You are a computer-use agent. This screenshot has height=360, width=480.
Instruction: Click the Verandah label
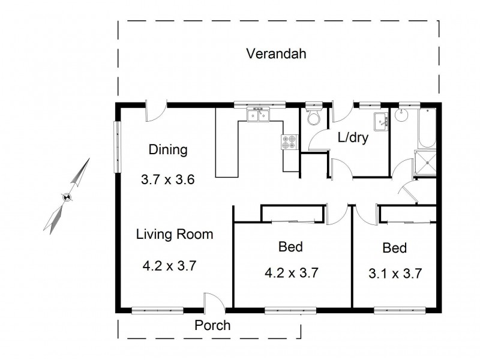click(x=276, y=53)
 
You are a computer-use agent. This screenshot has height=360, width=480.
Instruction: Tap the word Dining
click(x=168, y=149)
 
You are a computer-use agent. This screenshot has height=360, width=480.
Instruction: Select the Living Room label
click(x=175, y=234)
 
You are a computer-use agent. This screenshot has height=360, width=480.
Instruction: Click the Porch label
click(x=212, y=325)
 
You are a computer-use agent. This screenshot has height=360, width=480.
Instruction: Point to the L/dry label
click(x=353, y=137)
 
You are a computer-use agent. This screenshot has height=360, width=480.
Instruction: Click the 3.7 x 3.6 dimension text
click(x=168, y=179)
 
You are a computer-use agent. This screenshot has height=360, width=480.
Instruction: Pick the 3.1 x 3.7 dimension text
click(x=395, y=274)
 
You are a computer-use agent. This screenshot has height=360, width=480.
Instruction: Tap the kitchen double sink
click(x=258, y=115)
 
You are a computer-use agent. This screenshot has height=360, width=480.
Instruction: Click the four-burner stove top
click(x=289, y=142)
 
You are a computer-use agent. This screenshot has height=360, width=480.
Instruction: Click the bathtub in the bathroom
click(x=427, y=128)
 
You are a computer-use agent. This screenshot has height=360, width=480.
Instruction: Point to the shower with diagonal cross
click(x=425, y=163)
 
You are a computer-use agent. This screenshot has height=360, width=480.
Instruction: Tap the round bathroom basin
click(x=401, y=115)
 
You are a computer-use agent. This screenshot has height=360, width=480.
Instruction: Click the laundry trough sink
click(x=381, y=122)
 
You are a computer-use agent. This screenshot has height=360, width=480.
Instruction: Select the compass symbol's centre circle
click(x=67, y=197)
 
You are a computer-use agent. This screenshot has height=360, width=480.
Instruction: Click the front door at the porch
click(x=214, y=303)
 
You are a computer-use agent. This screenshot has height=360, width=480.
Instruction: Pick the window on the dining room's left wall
click(x=117, y=147)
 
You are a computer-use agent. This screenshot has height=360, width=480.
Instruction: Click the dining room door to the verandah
click(x=156, y=111)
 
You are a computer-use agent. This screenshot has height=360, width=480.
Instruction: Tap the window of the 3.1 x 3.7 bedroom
click(x=400, y=310)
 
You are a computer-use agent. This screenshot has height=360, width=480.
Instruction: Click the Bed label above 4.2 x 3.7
click(x=290, y=247)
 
